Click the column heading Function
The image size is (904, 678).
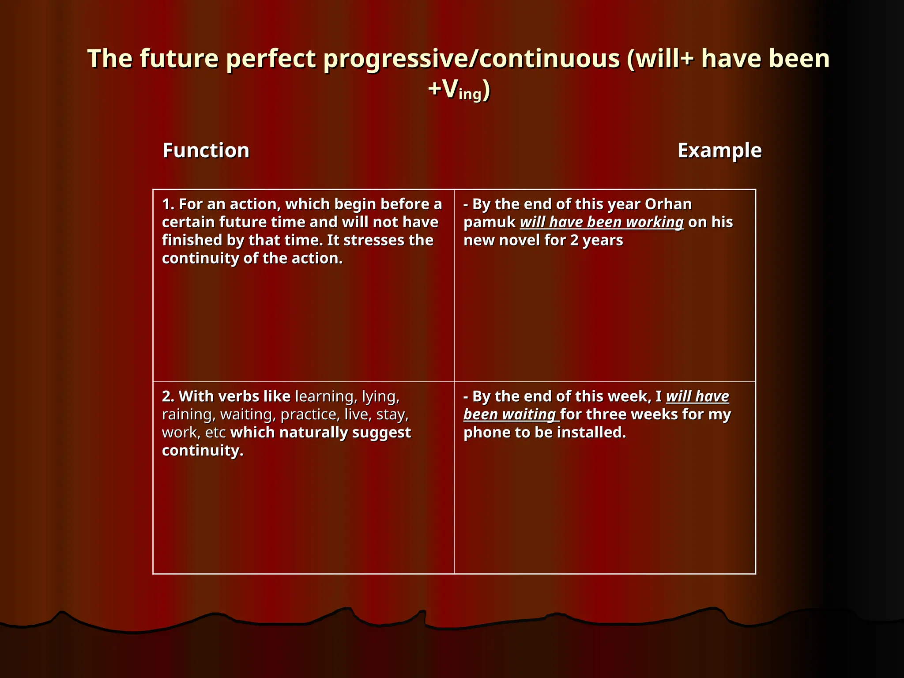coord(206,151)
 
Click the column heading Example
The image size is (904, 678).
coord(719,151)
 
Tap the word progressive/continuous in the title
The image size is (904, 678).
coord(471,59)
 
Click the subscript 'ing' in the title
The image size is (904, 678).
coord(470,94)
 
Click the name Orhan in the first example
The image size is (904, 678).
coord(668,204)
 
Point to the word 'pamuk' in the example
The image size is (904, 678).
coord(489,222)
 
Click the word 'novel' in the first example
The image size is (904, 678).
coord(519,240)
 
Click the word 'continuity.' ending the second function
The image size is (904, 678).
coord(203,451)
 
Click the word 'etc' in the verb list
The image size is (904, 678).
coord(215,433)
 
